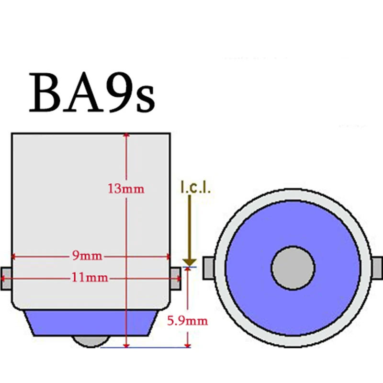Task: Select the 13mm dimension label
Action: (126, 189)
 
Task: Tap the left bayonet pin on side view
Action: (6, 278)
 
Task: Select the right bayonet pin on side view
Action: (176, 278)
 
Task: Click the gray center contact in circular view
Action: (293, 268)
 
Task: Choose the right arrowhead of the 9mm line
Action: (167, 256)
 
